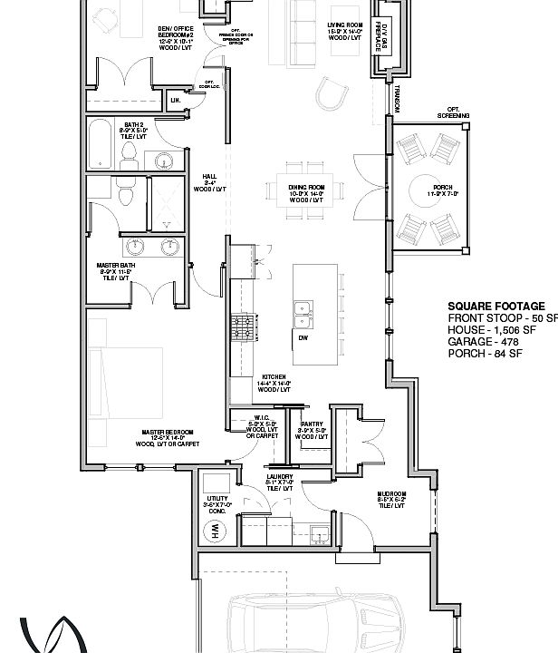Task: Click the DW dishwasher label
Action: [x=303, y=338]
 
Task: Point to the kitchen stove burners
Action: [x=242, y=323]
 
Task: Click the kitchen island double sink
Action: [x=303, y=314]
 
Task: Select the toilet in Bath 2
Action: [x=129, y=153]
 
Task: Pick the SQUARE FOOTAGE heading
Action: [x=496, y=307]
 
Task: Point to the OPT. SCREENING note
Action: [x=452, y=113]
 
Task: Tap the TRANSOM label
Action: [x=396, y=98]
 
